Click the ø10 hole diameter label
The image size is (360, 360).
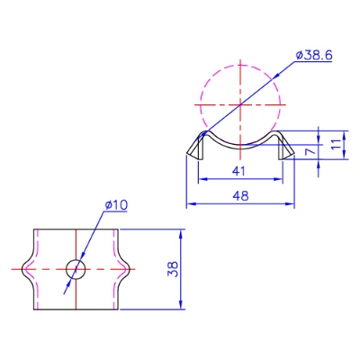[x=116, y=205]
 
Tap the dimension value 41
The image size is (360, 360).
[x=238, y=171]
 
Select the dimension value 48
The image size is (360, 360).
[x=240, y=196]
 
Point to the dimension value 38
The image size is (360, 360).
[x=173, y=269]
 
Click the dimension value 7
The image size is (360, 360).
[x=311, y=151]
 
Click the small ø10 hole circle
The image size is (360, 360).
[x=76, y=269]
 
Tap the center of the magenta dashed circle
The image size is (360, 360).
[x=240, y=104]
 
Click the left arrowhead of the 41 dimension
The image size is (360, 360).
[x=202, y=179]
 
